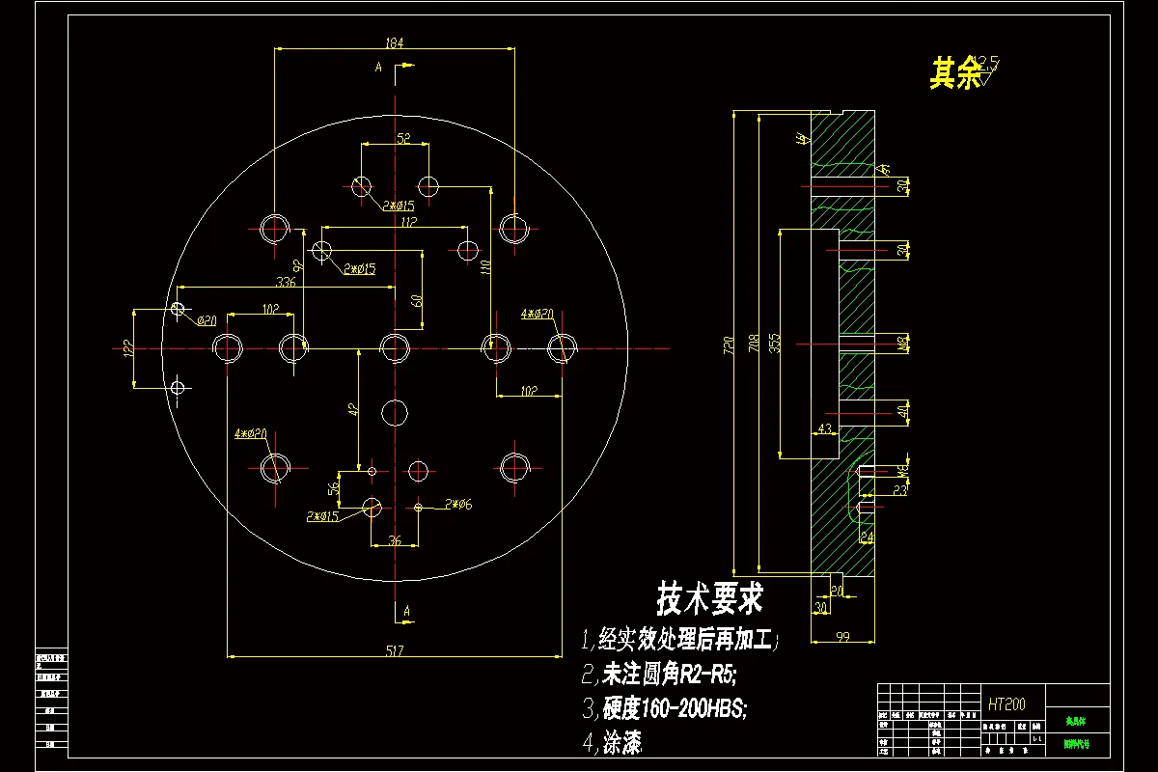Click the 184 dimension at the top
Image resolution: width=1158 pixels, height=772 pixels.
tap(394, 42)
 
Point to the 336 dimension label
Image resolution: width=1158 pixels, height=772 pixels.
tap(286, 282)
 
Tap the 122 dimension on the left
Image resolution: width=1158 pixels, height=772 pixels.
tap(127, 347)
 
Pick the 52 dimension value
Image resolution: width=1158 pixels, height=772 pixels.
tap(403, 139)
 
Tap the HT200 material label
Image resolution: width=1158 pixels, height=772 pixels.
tap(1006, 704)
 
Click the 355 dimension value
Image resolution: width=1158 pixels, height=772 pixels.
tap(775, 343)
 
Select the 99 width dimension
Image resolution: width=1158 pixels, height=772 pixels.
tap(841, 635)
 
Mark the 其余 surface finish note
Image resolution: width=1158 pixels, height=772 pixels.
tap(955, 73)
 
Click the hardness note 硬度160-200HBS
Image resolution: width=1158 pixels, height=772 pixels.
tap(675, 708)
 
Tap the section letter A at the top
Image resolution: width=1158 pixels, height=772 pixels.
tap(379, 67)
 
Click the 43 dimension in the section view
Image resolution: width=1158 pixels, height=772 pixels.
tap(824, 427)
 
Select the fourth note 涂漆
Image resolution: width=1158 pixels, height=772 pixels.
tap(622, 742)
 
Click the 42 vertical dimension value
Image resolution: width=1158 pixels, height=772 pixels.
tap(354, 409)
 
